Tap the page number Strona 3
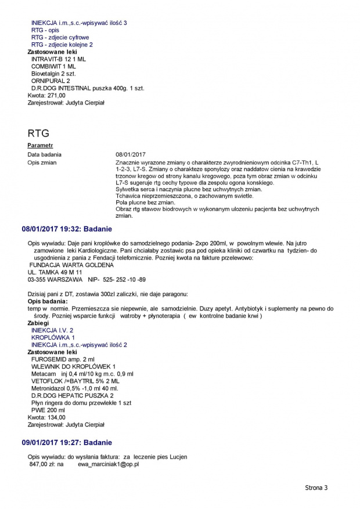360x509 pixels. [x=316, y=488]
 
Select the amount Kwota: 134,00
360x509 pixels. [x=46, y=417]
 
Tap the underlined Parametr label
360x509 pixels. [x=40, y=145]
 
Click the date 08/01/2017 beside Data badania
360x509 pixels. [x=131, y=154]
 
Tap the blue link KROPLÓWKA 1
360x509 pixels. [x=53, y=337]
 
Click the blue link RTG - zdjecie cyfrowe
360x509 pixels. [x=60, y=37]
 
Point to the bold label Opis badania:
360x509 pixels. [x=48, y=301]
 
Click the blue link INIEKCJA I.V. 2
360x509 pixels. [x=52, y=330]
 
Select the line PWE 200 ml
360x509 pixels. [x=48, y=410]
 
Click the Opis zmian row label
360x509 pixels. [x=42, y=163]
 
